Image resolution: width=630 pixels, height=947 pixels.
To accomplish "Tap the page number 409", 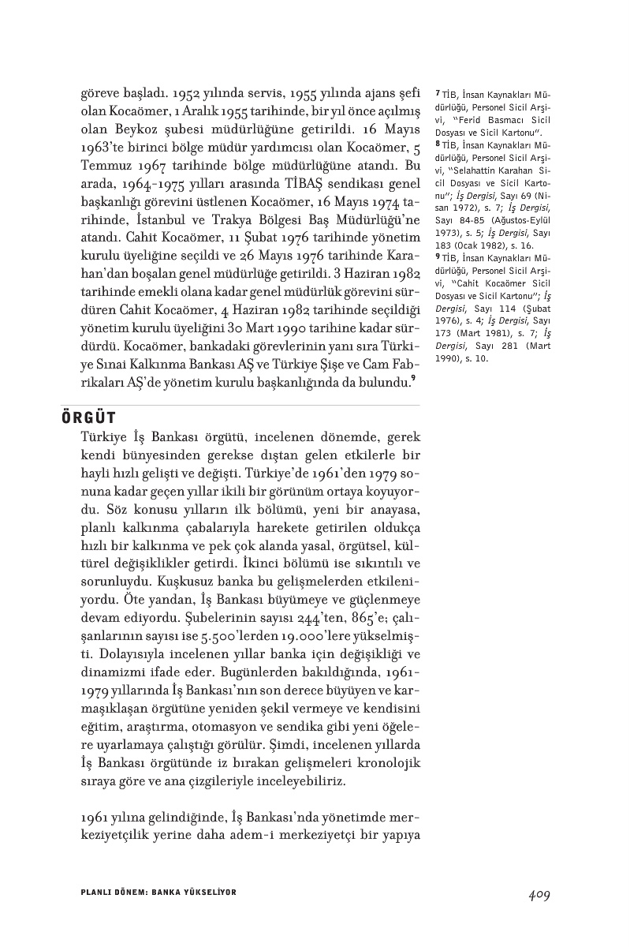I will pos(539,894).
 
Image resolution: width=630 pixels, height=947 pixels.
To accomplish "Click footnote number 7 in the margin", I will pos(438,92).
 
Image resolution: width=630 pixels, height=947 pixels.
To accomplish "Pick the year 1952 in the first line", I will pos(172,92).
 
